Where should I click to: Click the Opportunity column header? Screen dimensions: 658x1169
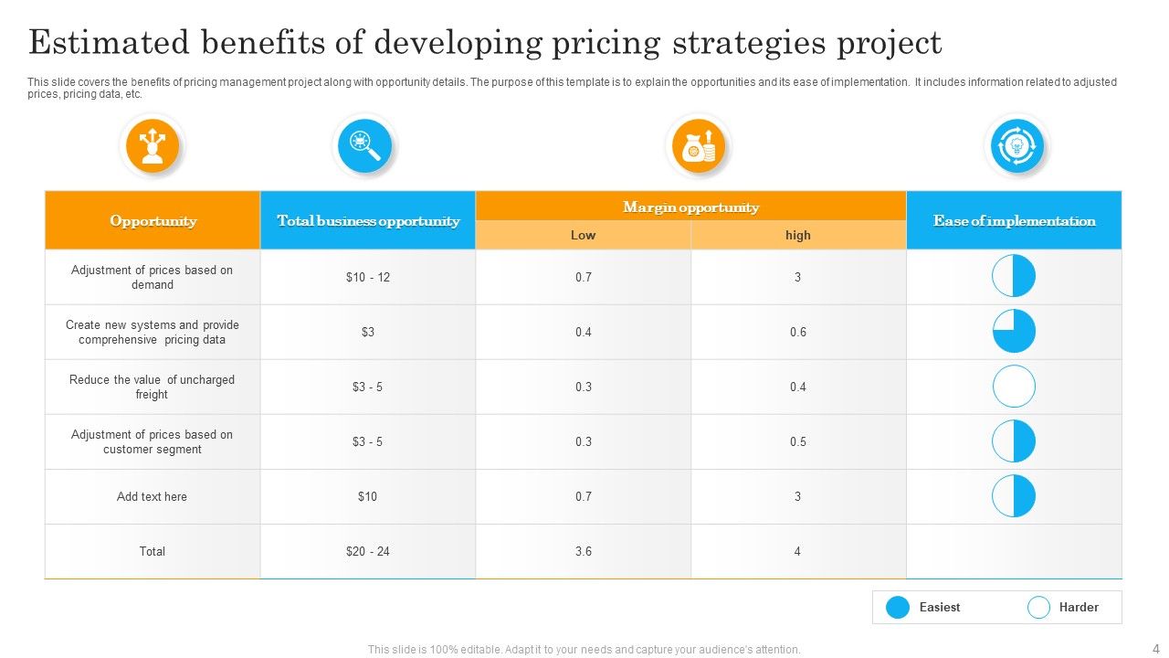(153, 220)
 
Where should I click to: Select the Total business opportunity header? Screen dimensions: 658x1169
(368, 220)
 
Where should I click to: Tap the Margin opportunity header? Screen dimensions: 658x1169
(690, 207)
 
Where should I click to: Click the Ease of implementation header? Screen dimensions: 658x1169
(1014, 220)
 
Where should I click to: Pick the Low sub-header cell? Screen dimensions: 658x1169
(583, 235)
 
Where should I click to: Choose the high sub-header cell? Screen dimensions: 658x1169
(797, 235)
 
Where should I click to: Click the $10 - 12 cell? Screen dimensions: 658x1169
(368, 277)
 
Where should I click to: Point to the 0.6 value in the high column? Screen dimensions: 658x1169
(797, 332)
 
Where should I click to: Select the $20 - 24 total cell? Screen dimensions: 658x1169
(368, 551)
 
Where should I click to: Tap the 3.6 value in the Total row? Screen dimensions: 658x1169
(583, 551)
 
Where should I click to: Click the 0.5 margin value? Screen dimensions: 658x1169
(797, 441)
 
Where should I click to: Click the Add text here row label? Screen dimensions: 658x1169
(153, 496)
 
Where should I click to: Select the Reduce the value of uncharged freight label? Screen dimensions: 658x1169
(153, 387)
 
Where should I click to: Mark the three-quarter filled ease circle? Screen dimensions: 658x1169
(1014, 331)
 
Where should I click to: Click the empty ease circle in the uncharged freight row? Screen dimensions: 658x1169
(1014, 387)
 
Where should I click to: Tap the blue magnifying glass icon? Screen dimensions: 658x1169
(364, 146)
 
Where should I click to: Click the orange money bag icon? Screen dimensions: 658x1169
(698, 146)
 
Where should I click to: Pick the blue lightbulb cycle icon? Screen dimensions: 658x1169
(1016, 146)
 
